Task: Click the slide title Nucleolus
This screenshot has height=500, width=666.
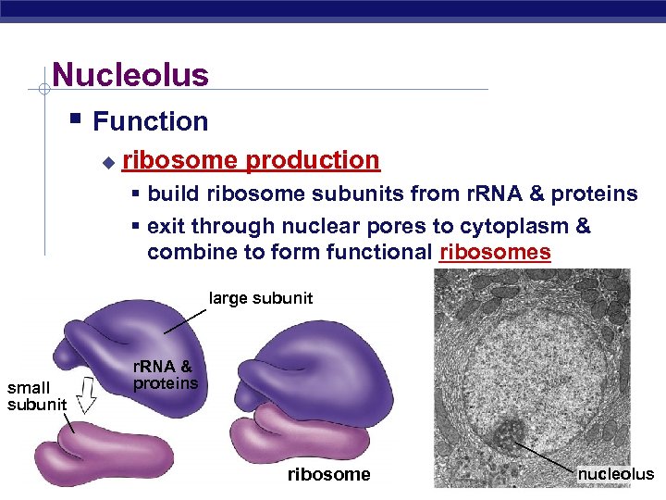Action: (130, 74)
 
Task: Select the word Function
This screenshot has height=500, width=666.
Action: (150, 121)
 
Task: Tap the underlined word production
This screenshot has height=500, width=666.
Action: (313, 160)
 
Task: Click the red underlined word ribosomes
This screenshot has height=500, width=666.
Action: (495, 252)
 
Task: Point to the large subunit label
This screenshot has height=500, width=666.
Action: (261, 298)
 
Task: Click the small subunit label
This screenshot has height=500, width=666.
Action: (36, 396)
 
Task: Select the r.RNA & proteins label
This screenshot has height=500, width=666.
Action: (165, 375)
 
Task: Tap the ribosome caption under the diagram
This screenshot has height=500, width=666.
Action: (328, 474)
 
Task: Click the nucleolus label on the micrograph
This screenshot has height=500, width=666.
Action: (615, 474)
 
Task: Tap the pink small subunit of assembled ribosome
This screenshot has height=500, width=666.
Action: (282, 431)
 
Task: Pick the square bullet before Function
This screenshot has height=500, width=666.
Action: (76, 119)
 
